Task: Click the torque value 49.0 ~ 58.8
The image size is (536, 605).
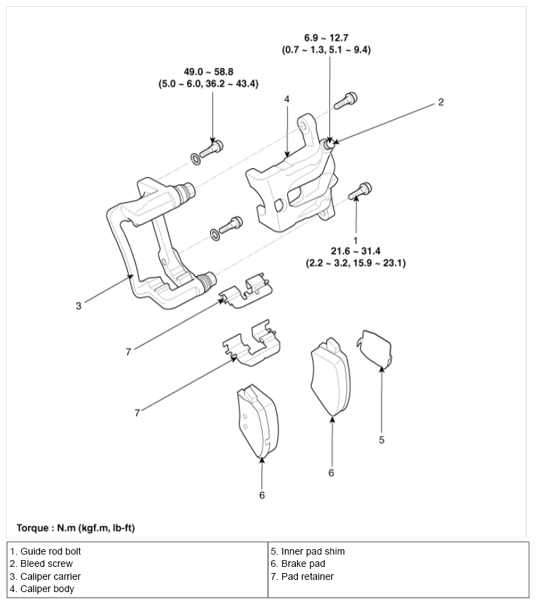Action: pyautogui.click(x=209, y=71)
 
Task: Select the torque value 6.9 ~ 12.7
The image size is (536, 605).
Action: pyautogui.click(x=326, y=38)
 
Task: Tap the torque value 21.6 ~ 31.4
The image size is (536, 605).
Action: pyautogui.click(x=356, y=251)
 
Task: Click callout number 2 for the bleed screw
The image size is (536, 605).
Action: pyautogui.click(x=441, y=102)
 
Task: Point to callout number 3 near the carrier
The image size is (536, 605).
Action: pyautogui.click(x=79, y=306)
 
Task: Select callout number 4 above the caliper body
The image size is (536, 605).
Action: pyautogui.click(x=286, y=99)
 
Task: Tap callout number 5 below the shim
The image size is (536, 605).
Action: pyautogui.click(x=382, y=440)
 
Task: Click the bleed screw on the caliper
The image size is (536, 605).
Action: pyautogui.click(x=329, y=144)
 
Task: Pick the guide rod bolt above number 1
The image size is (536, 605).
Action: pyautogui.click(x=360, y=191)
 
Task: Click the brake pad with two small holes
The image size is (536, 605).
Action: pyautogui.click(x=258, y=422)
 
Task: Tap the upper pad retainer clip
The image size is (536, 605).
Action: pyautogui.click(x=246, y=291)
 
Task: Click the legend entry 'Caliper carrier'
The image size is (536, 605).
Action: pyautogui.click(x=46, y=576)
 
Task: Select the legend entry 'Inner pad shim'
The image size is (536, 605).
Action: pyautogui.click(x=307, y=551)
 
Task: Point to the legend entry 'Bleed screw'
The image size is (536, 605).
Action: pyautogui.click(x=41, y=563)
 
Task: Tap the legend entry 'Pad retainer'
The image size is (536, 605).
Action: pyautogui.click(x=302, y=576)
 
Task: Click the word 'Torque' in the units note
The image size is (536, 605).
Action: pyautogui.click(x=33, y=528)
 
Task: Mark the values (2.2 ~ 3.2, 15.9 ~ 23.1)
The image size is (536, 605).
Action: pyautogui.click(x=356, y=263)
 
